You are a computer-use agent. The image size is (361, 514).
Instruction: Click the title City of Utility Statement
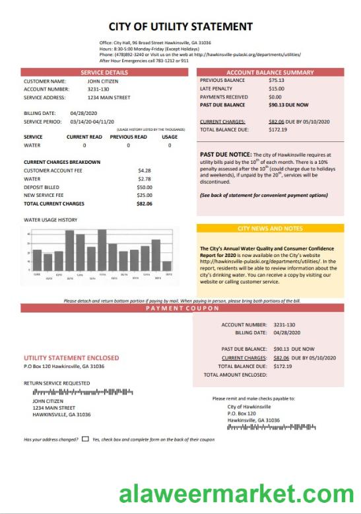click(180, 27)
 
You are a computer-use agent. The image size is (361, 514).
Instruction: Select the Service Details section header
click(104, 72)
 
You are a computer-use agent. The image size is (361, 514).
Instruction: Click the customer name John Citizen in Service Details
click(104, 81)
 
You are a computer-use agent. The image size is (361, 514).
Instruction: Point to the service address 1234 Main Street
click(109, 97)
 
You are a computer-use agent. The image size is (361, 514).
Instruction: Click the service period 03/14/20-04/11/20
click(92, 122)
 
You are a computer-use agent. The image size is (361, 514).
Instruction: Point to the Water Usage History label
click(50, 220)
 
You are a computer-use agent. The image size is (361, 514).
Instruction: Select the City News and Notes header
click(269, 229)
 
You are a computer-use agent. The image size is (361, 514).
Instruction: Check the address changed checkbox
click(86, 439)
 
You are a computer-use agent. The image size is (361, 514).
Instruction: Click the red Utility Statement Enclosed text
click(71, 357)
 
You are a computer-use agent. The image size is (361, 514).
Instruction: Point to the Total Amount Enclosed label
click(235, 375)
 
